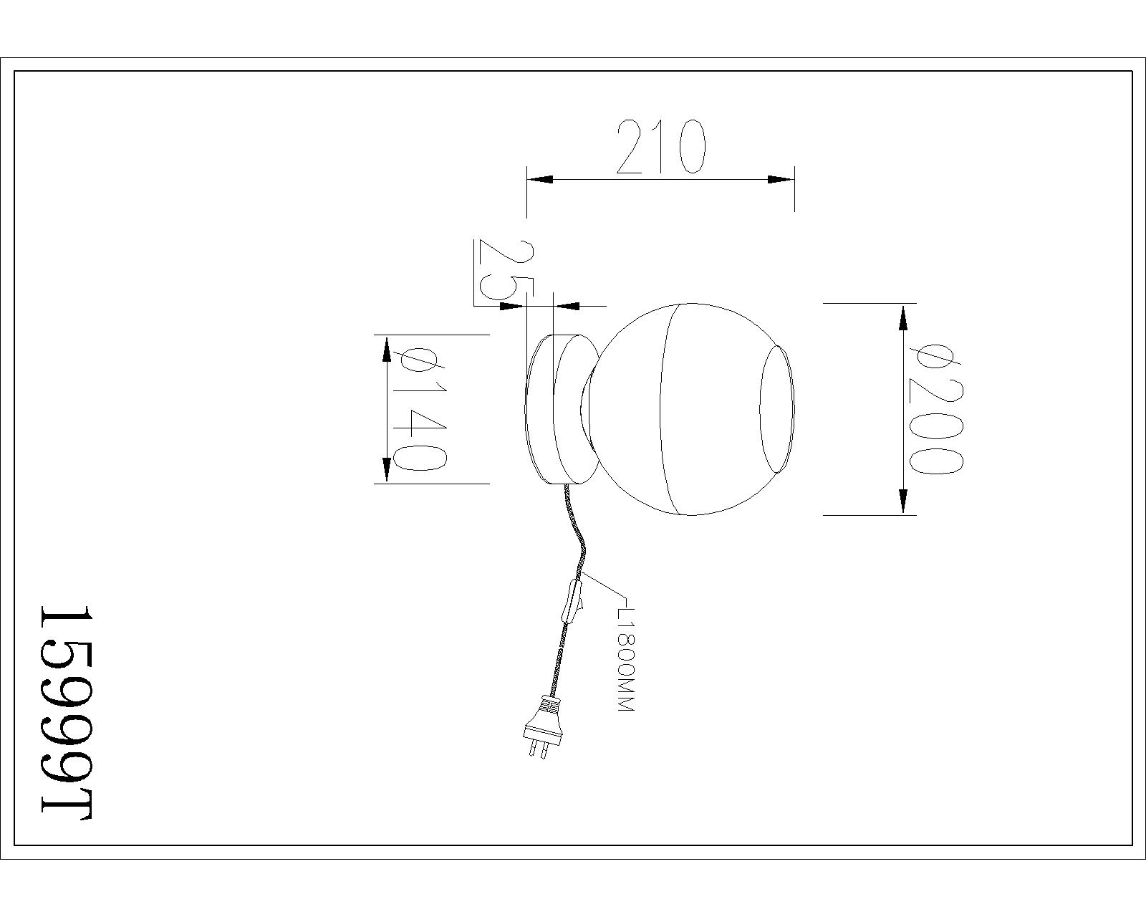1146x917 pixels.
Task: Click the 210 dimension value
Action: click(661, 147)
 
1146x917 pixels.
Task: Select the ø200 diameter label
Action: click(935, 410)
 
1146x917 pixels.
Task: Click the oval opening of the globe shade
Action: click(777, 409)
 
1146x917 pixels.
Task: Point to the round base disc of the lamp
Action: click(562, 409)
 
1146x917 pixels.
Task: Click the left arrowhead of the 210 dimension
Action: click(539, 180)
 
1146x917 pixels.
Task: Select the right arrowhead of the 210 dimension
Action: click(781, 180)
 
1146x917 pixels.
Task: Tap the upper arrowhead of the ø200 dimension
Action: click(902, 317)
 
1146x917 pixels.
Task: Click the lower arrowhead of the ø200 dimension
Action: click(902, 501)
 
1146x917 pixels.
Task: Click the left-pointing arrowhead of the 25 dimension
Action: click(567, 306)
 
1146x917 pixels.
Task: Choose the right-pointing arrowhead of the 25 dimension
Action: click(514, 306)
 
